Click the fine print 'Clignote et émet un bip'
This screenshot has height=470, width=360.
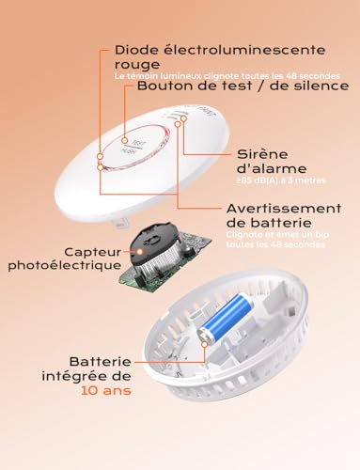click(274, 234)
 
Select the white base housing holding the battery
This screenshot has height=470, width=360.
click(235, 367)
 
